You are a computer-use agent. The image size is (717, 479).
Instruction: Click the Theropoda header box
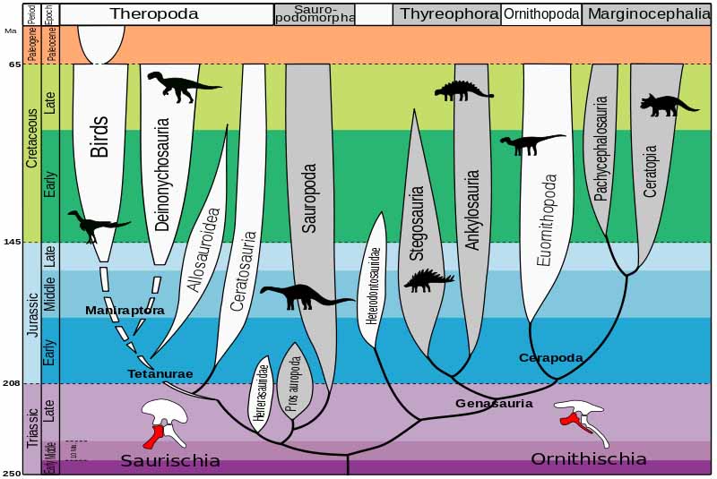[168, 13]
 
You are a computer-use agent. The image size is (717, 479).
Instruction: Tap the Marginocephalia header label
[649, 13]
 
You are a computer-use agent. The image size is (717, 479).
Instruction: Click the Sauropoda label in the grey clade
[309, 198]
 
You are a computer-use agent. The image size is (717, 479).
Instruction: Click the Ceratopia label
[651, 172]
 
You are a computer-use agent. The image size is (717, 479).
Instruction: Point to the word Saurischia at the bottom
[170, 460]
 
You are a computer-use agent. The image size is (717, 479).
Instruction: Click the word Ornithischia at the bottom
[588, 458]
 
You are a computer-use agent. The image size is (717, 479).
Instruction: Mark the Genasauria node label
[494, 403]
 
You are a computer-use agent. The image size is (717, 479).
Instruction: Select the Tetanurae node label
[160, 373]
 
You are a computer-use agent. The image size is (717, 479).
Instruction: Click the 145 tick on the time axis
[13, 243]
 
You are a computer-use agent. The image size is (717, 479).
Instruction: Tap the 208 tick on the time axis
[13, 383]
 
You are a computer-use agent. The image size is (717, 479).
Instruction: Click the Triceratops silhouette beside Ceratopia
[668, 105]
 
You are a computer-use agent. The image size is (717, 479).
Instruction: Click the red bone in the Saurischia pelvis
[154, 435]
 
